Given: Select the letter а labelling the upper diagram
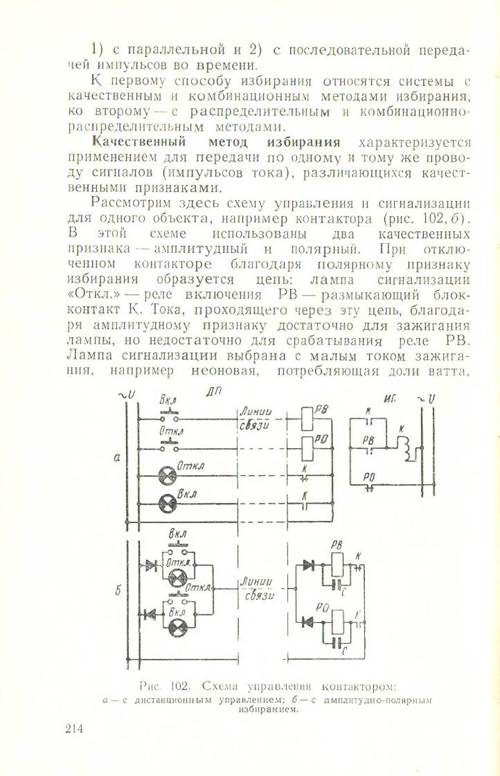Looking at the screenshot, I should [116, 457].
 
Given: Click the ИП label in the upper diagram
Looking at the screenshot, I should [389, 400].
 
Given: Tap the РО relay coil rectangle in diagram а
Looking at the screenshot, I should [309, 446].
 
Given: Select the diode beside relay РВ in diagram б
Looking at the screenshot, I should [309, 565].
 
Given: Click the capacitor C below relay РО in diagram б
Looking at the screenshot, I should [336, 643].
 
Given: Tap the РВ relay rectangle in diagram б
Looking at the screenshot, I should [337, 566].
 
